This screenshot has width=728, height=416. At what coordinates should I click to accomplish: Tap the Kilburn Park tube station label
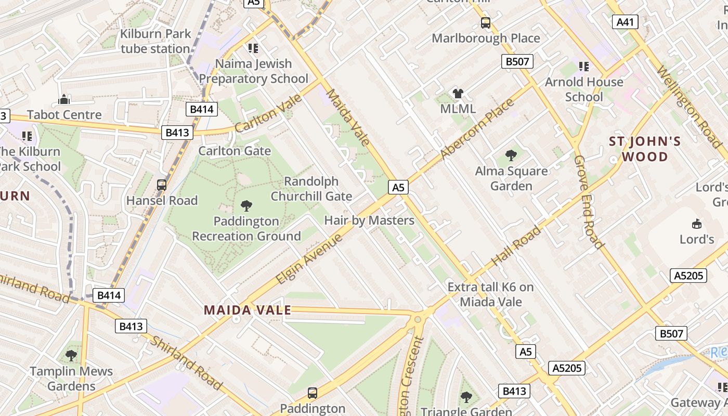tap(155, 42)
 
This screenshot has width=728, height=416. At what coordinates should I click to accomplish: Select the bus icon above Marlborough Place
tap(485, 23)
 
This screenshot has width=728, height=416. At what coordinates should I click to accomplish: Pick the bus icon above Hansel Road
tap(162, 185)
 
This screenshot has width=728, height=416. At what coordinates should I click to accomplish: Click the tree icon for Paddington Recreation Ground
tap(246, 206)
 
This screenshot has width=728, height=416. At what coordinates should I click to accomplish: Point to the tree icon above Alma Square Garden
tap(511, 155)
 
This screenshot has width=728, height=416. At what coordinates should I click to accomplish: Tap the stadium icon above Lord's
tap(696, 224)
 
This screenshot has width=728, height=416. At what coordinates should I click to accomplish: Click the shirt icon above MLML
tap(458, 94)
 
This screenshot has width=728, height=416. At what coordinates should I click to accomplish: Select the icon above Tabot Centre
tap(64, 99)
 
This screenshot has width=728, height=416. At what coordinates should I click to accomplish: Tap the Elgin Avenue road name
tap(309, 259)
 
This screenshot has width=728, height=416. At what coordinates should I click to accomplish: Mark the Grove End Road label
tap(589, 202)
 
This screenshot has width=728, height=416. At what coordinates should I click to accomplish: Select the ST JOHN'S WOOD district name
tap(645, 149)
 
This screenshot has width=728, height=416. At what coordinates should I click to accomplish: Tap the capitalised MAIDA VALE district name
tap(247, 310)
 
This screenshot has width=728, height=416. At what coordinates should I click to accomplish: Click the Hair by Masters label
tap(369, 220)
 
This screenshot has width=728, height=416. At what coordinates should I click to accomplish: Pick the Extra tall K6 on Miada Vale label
tap(490, 294)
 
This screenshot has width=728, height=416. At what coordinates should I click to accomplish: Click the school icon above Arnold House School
tap(583, 67)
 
